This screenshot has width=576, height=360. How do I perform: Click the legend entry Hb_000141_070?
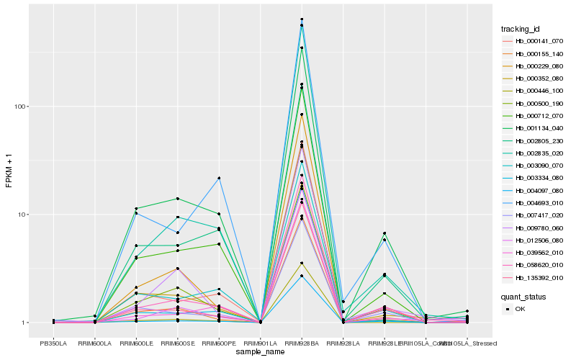click(x=536, y=41)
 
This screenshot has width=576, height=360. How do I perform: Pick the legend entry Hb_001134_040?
click(x=536, y=128)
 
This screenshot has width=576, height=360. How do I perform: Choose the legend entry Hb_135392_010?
click(x=536, y=277)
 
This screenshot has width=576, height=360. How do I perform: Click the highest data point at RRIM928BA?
click(x=302, y=19)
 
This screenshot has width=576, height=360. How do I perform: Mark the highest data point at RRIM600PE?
click(x=218, y=178)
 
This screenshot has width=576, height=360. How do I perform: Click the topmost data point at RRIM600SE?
click(x=177, y=199)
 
